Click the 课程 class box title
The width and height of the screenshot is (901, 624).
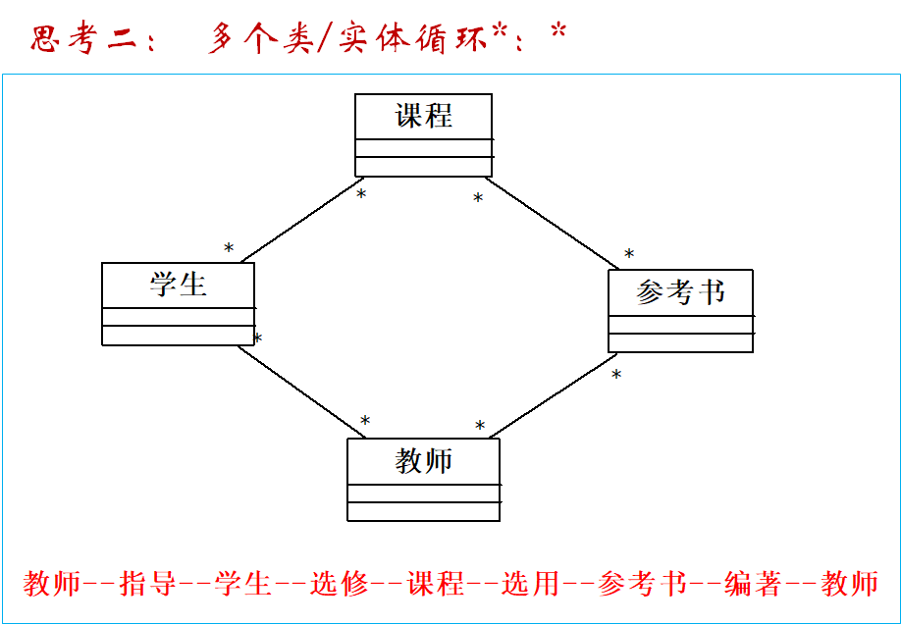[424, 116]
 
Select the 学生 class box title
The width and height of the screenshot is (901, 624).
[179, 285]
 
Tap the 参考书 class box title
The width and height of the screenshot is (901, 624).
[680, 291]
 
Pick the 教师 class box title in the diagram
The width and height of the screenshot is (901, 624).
[424, 460]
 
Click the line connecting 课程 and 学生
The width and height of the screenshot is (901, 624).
[299, 222]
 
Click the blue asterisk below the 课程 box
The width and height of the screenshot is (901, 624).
[361, 194]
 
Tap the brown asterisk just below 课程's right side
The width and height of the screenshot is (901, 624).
[478, 199]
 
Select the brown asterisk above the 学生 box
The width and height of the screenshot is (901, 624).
[229, 249]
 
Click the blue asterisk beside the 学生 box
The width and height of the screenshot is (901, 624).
[258, 339]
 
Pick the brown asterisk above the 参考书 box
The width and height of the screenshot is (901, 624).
[629, 255]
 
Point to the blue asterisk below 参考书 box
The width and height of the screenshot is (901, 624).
[616, 375]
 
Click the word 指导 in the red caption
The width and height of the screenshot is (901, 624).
[146, 584]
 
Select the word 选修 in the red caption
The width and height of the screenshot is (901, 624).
[339, 584]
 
